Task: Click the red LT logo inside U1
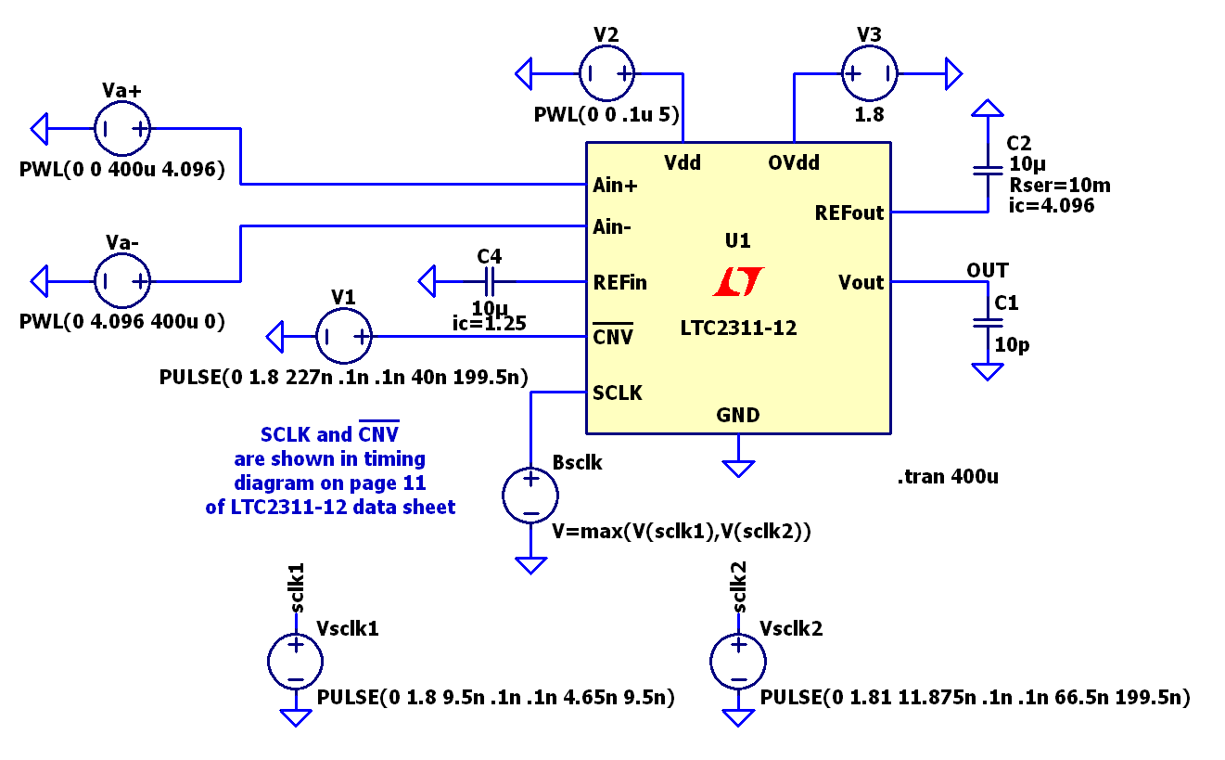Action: [x=738, y=281]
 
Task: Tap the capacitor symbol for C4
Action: [x=490, y=282]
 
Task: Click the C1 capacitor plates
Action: [x=988, y=323]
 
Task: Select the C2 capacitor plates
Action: [x=988, y=171]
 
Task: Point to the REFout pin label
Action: [x=849, y=213]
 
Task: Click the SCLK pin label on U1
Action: [x=618, y=393]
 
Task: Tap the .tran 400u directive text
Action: [x=949, y=477]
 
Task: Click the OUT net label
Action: [x=988, y=270]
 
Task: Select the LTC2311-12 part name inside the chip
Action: [x=738, y=328]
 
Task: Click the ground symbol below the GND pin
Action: [x=738, y=469]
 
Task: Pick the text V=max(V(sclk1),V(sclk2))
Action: [x=682, y=532]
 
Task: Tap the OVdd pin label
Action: [x=794, y=162]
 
